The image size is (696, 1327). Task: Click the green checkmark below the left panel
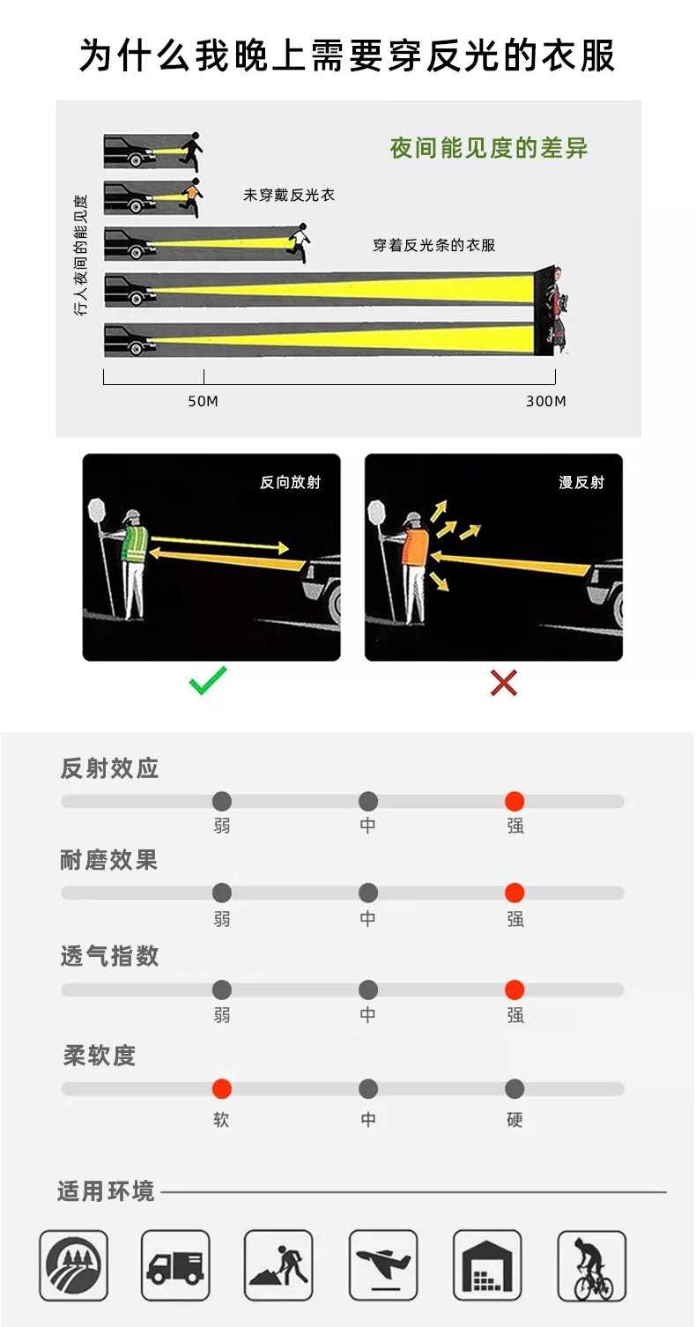click(208, 681)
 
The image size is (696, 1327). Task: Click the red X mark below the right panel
click(503, 682)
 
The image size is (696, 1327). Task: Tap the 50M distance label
click(203, 402)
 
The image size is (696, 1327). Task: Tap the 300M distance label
click(545, 402)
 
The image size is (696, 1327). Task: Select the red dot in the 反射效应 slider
click(515, 801)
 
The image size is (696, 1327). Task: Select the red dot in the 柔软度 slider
click(222, 1089)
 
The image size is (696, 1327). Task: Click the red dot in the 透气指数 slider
click(515, 990)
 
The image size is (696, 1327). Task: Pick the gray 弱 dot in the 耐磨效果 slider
click(222, 893)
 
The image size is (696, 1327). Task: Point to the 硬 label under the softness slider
click(515, 1119)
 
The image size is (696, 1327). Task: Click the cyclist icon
click(592, 1266)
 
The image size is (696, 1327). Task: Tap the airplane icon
click(383, 1266)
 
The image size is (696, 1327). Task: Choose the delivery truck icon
click(175, 1266)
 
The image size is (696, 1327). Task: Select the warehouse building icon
click(487, 1266)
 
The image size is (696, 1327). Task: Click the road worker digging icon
click(279, 1266)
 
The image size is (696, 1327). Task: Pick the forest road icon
click(73, 1266)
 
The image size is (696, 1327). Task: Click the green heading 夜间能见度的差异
click(489, 148)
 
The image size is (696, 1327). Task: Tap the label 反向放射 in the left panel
click(290, 482)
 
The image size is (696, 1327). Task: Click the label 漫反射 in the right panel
click(581, 482)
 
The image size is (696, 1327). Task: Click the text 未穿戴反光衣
click(289, 195)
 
